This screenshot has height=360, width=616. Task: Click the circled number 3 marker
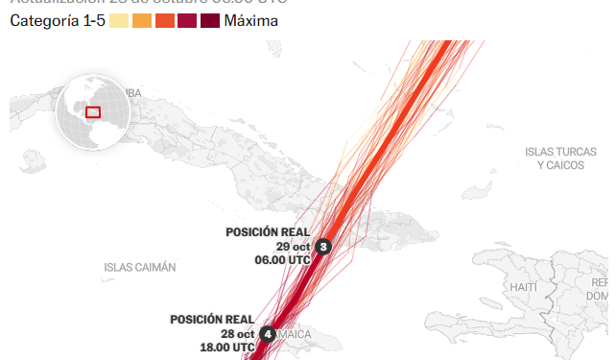323,247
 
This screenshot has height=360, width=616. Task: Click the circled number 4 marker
268,334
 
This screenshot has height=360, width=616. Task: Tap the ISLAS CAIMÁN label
140,267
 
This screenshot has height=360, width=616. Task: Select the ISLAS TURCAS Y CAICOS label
560,158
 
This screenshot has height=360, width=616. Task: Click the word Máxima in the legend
251,20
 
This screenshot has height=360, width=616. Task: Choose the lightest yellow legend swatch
119,20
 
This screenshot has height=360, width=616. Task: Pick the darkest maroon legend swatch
210,20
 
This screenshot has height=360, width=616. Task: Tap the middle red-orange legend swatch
164,20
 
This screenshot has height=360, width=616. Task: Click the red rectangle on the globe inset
93,111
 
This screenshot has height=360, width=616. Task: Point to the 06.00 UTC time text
282,260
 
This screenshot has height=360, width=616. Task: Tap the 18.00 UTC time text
227,348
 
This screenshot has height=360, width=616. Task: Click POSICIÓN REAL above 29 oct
267,232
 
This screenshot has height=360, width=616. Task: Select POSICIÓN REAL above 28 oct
212,320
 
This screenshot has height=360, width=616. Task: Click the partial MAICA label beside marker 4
296,335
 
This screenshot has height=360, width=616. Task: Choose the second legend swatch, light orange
141,20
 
